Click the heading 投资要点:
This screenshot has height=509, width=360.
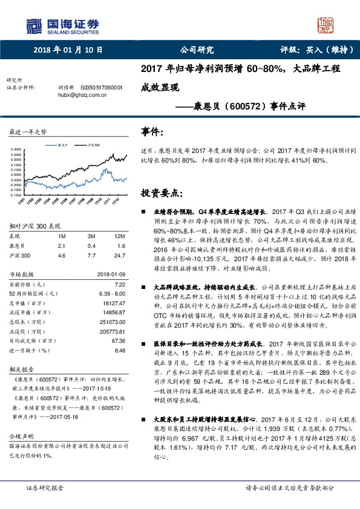coord(161,193)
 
